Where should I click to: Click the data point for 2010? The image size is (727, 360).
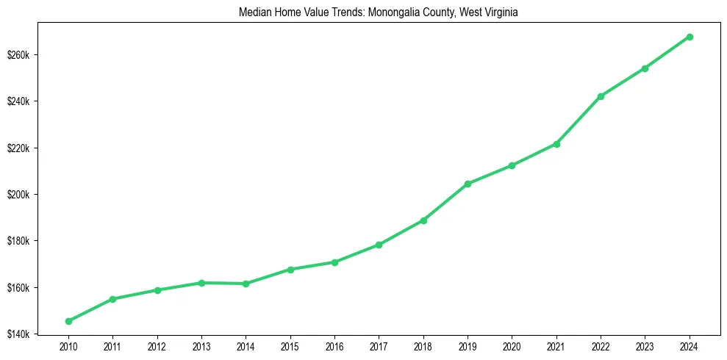pyautogui.click(x=68, y=321)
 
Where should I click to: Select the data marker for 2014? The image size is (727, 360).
pyautogui.click(x=246, y=284)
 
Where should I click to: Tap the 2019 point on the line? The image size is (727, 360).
pyautogui.click(x=468, y=184)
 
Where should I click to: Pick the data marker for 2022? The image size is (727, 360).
pyautogui.click(x=601, y=96)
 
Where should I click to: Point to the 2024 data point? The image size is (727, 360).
pyautogui.click(x=690, y=37)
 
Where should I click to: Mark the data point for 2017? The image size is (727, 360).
pyautogui.click(x=379, y=245)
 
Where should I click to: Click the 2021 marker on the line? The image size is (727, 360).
pyautogui.click(x=556, y=144)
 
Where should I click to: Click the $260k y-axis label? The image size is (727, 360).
pyautogui.click(x=18, y=55)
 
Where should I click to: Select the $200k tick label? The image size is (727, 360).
pyautogui.click(x=18, y=195)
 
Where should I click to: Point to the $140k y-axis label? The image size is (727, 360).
pyautogui.click(x=18, y=334)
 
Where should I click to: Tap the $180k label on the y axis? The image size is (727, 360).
pyautogui.click(x=18, y=241)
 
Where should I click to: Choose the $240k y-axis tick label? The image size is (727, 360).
pyautogui.click(x=18, y=101)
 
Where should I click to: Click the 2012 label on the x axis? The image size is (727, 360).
pyautogui.click(x=157, y=346)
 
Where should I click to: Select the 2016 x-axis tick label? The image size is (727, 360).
pyautogui.click(x=334, y=346)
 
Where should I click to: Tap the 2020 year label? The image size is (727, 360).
pyautogui.click(x=512, y=346)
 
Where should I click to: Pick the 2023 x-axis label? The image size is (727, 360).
pyautogui.click(x=645, y=346)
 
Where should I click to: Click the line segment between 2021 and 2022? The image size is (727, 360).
pyautogui.click(x=579, y=120)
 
